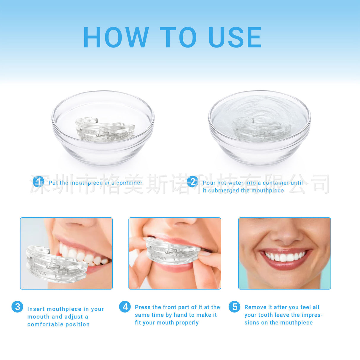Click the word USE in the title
(x=235, y=37)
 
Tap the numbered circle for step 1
(x=39, y=181)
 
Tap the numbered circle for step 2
(x=193, y=181)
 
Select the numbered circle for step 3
(x=17, y=307)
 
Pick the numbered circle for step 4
(x=125, y=307)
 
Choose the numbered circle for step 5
(x=235, y=307)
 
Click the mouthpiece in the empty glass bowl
(x=104, y=130)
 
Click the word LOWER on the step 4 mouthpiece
(x=160, y=258)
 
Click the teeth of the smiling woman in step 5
(x=285, y=256)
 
